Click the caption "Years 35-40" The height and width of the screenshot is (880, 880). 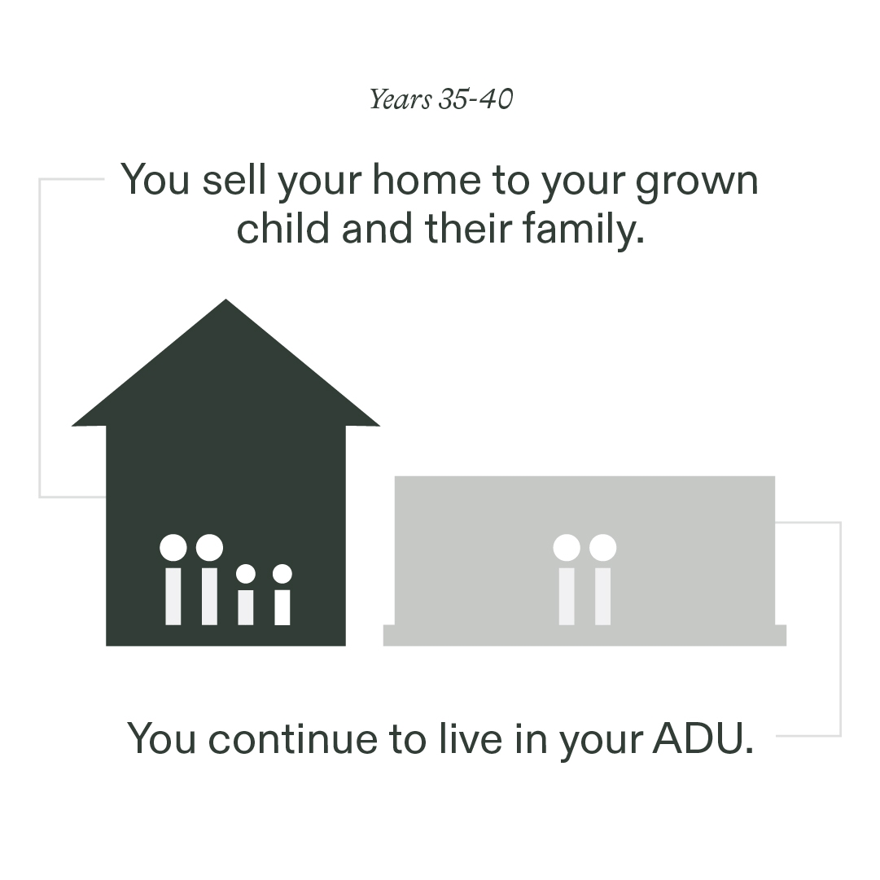tap(441, 100)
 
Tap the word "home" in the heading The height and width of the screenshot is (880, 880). tap(427, 180)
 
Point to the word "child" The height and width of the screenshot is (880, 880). tap(282, 228)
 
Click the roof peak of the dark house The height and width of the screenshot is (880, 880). tap(225, 300)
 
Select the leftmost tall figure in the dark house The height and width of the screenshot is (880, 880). tap(173, 579)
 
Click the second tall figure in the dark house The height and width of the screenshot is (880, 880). tap(209, 579)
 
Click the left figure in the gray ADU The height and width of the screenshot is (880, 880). tap(567, 579)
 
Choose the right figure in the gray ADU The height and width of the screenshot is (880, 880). tap(602, 579)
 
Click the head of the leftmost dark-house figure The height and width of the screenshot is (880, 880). tap(173, 547)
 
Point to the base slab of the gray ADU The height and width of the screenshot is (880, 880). tap(584, 635)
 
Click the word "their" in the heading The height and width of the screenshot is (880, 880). tap(469, 228)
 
